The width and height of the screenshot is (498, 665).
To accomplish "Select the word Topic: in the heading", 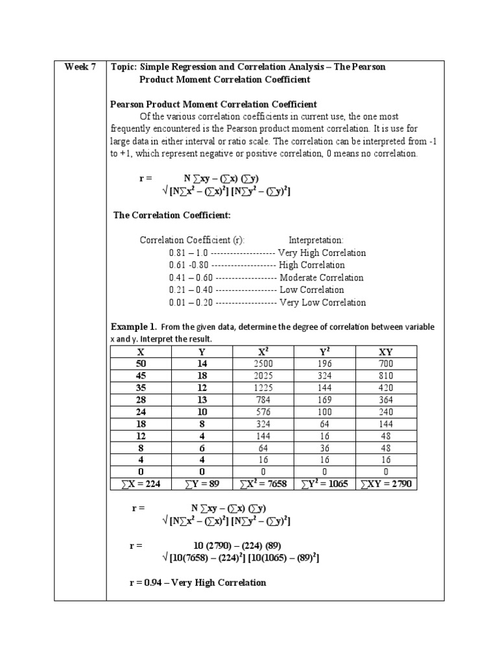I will pos(126,68).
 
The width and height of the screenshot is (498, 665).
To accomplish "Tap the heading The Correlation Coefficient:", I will pos(172,215).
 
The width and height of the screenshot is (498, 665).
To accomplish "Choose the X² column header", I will pos(263,351).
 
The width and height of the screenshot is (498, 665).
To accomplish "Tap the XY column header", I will pos(385,351).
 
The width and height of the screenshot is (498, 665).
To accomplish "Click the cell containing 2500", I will pos(263,364).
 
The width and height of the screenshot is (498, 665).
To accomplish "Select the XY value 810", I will pos(385,376).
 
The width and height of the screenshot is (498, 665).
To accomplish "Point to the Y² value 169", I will pos(324,400).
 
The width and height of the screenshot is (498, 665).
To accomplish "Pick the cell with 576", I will pos(263,412).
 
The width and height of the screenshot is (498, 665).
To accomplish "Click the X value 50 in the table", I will pos(141,364).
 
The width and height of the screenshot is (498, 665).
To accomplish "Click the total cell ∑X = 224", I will pos(141,484).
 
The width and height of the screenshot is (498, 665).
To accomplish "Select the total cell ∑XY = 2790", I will pos(385,484).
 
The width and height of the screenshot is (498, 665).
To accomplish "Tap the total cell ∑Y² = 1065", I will pos(324,484).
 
